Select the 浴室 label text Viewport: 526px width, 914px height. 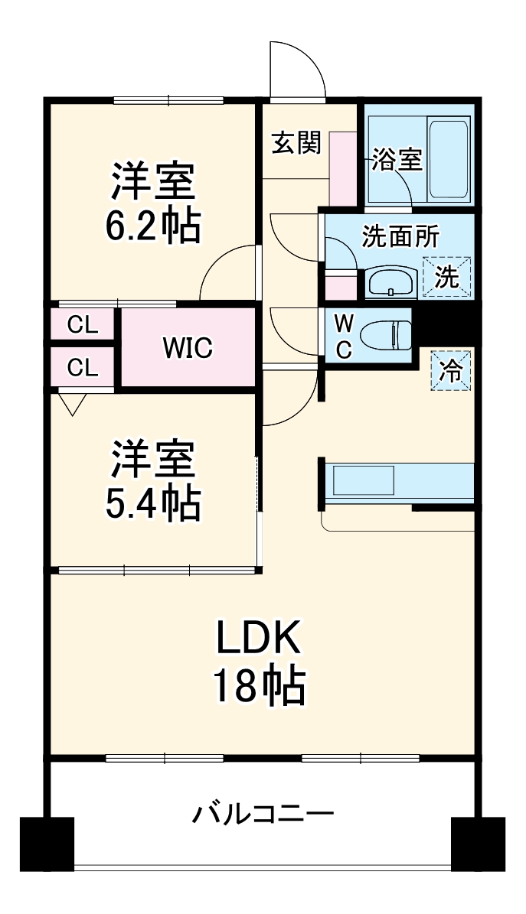397,160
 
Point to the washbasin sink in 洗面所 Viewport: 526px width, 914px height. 391,282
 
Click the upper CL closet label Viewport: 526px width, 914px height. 83,325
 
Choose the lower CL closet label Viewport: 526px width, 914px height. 83,368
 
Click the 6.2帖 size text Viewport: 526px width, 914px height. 153,225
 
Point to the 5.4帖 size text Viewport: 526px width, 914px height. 153,502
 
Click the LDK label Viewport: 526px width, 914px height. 260,637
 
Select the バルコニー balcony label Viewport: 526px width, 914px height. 263,812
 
